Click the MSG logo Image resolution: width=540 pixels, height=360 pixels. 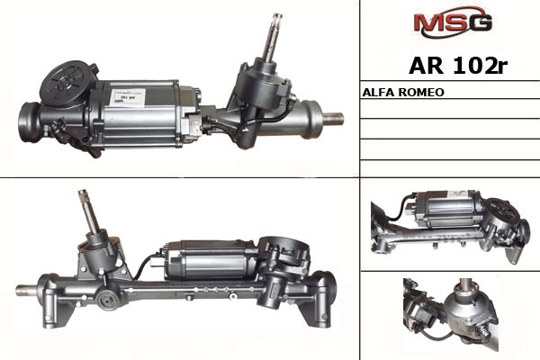coord(453,22)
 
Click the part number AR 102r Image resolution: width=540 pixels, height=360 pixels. coord(458,66)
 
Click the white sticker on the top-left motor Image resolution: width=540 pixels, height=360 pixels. coord(128,98)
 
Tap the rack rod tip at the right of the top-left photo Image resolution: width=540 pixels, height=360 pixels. coord(333,119)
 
